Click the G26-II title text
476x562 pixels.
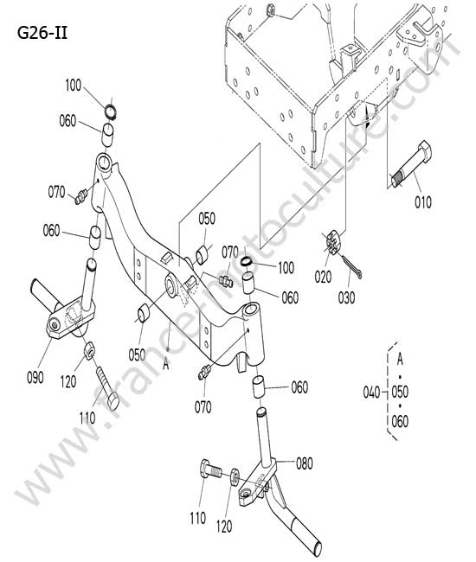42,34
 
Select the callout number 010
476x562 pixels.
423,202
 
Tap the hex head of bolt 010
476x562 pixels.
425,150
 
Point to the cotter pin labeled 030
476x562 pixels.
351,266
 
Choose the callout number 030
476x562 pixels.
346,297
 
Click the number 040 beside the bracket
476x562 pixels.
371,393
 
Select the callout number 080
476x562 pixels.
305,463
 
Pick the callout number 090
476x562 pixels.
35,378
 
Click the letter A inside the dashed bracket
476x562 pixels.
400,359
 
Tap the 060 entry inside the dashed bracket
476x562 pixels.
400,422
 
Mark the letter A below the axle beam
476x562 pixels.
165,364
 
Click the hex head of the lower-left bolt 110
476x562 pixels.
113,400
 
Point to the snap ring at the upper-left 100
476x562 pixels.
111,112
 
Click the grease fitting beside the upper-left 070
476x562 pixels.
81,196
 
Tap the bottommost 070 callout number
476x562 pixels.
203,407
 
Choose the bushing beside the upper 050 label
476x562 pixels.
202,253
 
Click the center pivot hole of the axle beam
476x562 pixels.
172,285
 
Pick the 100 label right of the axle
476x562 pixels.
286,268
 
